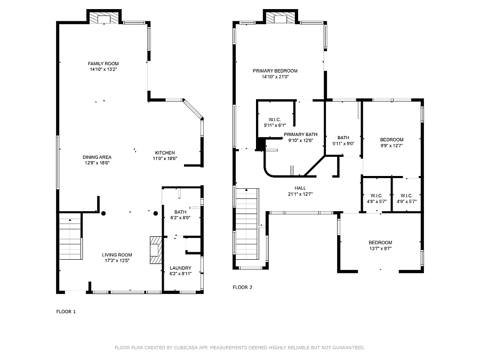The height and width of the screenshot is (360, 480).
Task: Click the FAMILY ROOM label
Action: tap(103, 63)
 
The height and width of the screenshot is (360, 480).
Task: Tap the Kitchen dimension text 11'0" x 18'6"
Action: tap(165, 158)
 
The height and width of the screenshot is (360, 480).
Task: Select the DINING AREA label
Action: tap(97, 157)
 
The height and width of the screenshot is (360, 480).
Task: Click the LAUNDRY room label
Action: tap(181, 268)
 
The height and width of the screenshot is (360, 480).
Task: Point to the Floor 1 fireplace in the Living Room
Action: tap(156, 250)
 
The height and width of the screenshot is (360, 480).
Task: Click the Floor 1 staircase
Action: tap(70, 236)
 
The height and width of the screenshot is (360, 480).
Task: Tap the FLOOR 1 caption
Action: tap(66, 311)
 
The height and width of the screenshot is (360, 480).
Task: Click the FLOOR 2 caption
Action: tap(243, 287)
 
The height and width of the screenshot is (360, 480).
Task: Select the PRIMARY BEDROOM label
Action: tap(275, 71)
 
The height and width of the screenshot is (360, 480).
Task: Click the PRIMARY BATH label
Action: tap(301, 134)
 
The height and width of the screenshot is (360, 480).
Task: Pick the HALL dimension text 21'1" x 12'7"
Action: tap(300, 194)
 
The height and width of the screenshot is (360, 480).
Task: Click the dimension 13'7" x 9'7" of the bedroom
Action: tap(380, 249)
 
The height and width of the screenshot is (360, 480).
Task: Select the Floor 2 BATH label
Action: tap(343, 138)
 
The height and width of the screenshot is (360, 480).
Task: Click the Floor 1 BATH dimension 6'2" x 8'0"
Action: tap(181, 218)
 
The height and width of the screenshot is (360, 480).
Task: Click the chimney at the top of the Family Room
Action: tap(104, 18)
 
